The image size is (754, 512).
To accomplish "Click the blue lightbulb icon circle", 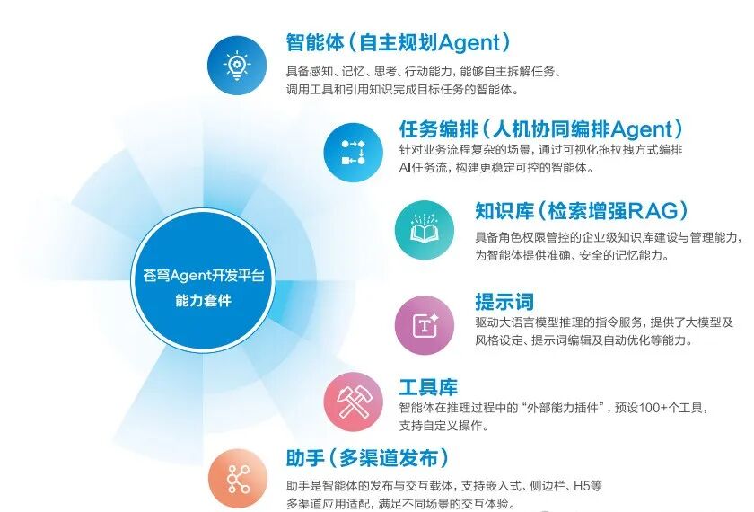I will pos(238,64).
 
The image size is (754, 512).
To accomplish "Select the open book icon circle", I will pos(425,228).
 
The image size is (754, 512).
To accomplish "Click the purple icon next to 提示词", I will pos(425,324).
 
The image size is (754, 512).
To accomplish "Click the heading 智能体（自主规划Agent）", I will pos(399,42).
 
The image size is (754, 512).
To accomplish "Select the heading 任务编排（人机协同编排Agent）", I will pos(541,128).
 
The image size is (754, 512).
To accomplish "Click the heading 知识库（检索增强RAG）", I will pos(582,210).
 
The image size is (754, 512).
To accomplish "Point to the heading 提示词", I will pos(504,302).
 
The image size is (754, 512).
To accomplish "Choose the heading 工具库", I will pos(428,387).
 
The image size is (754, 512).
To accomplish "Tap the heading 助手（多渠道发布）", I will pos(367,459).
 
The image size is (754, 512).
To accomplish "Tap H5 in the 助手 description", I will pos(579,486).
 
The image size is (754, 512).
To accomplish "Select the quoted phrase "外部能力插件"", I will pos(558,408).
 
